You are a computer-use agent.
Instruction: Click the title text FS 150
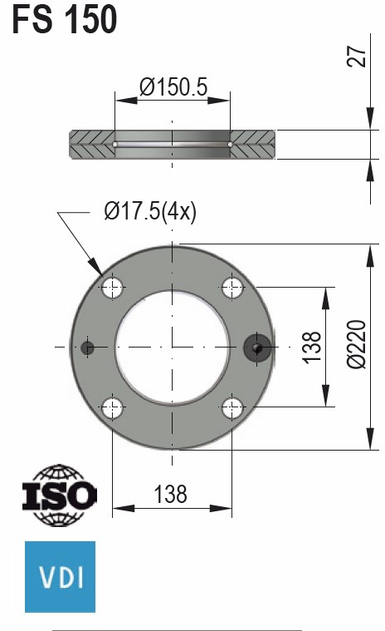(x=65, y=19)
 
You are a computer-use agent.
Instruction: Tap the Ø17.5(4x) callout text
(x=150, y=212)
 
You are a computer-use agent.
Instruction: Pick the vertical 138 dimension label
(x=312, y=347)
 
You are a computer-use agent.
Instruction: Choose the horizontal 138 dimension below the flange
(x=170, y=495)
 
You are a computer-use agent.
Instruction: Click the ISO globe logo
(x=59, y=496)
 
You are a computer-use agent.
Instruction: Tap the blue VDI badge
(x=61, y=576)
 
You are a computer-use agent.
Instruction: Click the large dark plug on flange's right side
(x=256, y=348)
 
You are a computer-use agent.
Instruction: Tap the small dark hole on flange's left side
(x=89, y=348)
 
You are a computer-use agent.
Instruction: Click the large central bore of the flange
(x=173, y=348)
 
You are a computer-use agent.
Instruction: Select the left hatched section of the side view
(x=92, y=145)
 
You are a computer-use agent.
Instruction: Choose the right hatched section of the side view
(x=252, y=145)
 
